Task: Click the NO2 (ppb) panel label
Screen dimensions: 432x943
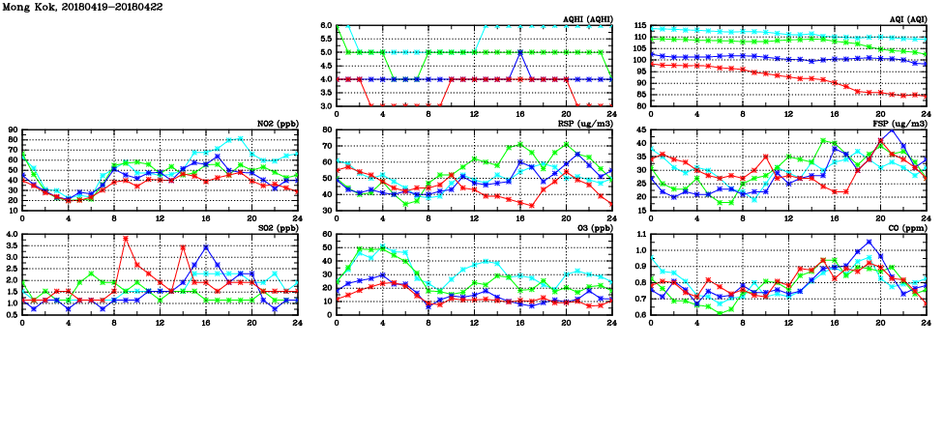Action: (278, 124)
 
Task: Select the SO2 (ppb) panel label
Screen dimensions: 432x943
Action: (278, 228)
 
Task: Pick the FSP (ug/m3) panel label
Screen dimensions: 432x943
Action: (903, 124)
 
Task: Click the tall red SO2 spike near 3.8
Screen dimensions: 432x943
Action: (126, 238)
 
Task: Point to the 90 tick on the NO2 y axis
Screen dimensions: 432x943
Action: (13, 130)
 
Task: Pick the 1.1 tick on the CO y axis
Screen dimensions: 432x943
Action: (639, 235)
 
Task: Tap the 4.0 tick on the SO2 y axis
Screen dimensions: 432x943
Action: (11, 235)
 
